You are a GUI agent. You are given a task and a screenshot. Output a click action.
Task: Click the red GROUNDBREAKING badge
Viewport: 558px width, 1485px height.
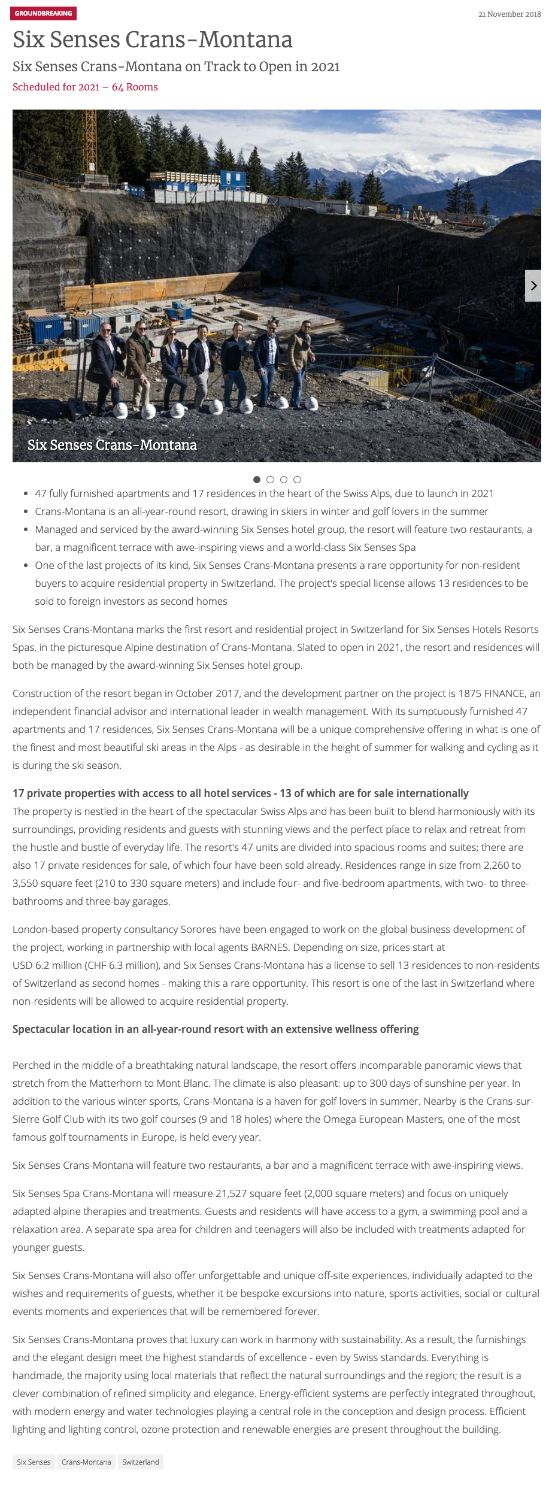43,13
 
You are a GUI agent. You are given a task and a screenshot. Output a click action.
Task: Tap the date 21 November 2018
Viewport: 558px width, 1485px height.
509,14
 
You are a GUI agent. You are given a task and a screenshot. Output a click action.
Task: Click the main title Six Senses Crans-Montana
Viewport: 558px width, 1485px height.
153,40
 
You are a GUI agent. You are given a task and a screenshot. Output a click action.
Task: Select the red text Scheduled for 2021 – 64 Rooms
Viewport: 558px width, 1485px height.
85,87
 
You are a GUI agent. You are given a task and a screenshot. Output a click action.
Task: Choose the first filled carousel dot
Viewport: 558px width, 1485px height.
257,480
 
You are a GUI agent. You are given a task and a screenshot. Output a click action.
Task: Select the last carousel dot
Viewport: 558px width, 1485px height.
298,480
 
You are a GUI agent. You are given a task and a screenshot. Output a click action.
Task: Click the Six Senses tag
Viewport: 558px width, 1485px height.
34,1462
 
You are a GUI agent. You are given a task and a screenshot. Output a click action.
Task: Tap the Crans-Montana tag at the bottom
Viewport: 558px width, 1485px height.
86,1462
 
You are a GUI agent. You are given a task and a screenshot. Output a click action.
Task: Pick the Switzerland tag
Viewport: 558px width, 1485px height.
141,1462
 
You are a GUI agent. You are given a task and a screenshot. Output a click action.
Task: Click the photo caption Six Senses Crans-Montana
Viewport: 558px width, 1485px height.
112,445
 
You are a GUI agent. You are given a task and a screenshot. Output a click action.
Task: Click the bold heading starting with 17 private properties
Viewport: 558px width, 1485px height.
240,793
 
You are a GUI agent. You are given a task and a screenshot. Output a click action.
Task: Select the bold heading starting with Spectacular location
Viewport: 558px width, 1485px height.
216,1029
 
